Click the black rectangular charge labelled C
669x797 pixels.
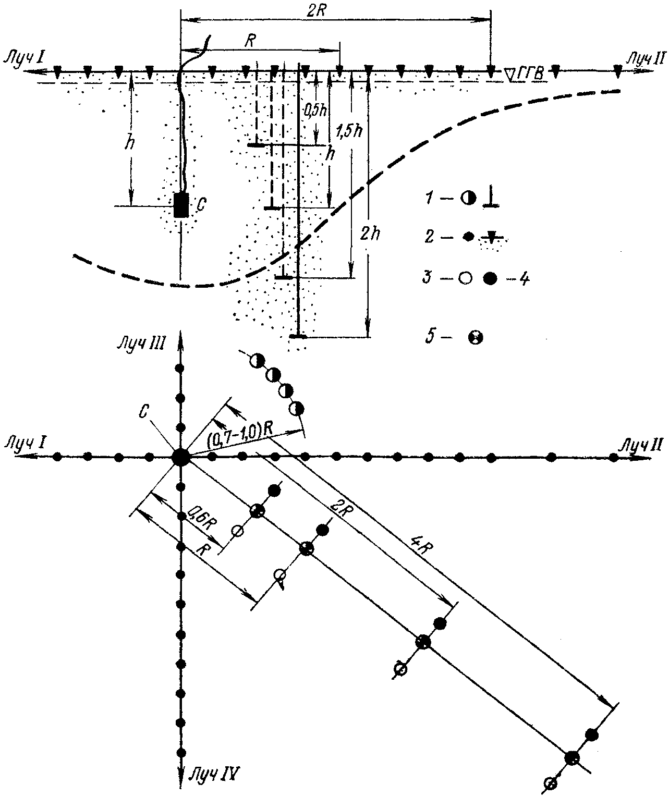[181, 205]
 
